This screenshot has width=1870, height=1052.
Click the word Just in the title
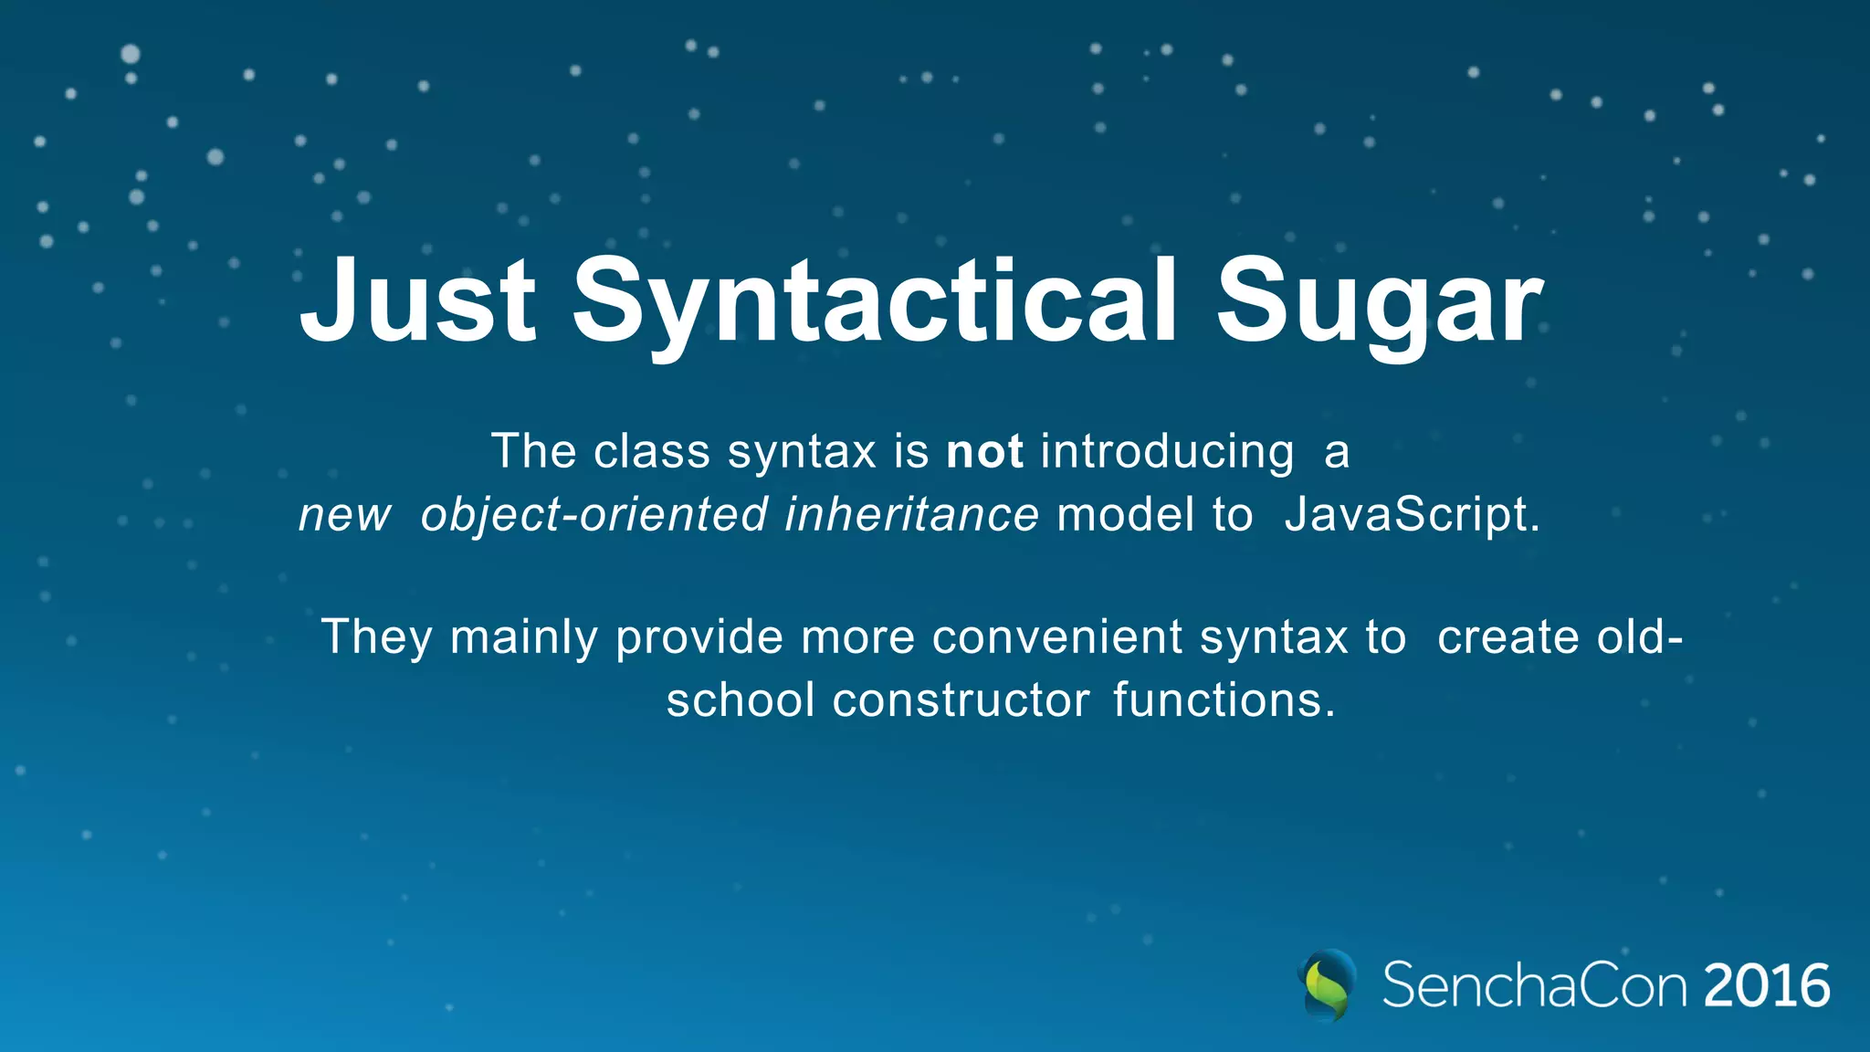coord(417,301)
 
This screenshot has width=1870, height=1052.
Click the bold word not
coord(984,452)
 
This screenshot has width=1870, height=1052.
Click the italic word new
coord(344,516)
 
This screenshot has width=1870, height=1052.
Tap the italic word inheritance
coord(911,514)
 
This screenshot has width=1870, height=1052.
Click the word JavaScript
coord(1412,516)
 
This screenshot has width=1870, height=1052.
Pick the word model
coord(1125,514)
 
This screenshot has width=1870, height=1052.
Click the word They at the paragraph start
coord(376,638)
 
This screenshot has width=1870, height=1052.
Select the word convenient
coord(1056,637)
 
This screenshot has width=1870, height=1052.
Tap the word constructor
coord(961,701)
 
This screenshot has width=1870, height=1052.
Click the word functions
coord(1224,701)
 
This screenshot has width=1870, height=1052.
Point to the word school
coord(740,701)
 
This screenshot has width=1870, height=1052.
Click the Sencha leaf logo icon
coord(1327,985)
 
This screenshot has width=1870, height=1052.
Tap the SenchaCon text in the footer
coord(1534,986)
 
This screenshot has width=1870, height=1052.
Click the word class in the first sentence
coord(651,452)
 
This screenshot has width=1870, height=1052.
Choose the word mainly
coord(523,638)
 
